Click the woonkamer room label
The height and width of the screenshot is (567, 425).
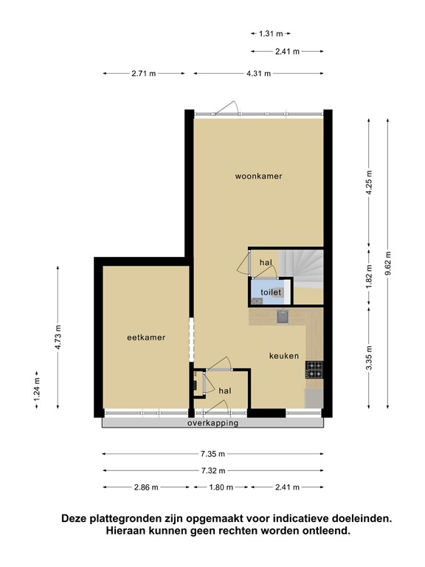[x=259, y=176]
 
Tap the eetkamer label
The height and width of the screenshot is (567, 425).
[x=145, y=337]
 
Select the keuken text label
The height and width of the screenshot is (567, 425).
[x=283, y=355]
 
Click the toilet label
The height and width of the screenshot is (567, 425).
[x=271, y=293]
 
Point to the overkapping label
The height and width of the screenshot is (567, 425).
[x=212, y=424]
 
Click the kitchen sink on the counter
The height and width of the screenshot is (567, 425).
[x=282, y=317]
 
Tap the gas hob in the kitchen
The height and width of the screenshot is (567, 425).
[x=315, y=368]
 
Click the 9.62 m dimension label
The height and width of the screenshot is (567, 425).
[x=388, y=262]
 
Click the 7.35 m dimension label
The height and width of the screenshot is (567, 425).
[x=212, y=454]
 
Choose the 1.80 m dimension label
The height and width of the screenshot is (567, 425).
[x=221, y=487]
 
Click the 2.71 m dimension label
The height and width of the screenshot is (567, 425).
[x=144, y=73]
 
